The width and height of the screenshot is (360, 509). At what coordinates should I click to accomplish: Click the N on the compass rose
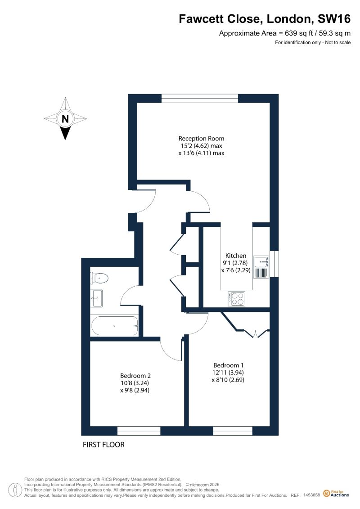65,118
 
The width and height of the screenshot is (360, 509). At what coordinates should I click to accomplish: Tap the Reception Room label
201,138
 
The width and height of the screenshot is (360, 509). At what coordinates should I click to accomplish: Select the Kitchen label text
236,256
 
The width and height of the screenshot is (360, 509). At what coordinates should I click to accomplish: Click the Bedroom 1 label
228,365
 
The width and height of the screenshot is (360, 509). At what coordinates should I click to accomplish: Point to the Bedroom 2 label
135,376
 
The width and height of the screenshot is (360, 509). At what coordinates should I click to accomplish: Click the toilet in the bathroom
99,278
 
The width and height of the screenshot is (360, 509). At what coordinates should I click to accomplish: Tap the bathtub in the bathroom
115,325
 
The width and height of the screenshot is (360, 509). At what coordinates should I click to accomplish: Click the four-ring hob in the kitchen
237,299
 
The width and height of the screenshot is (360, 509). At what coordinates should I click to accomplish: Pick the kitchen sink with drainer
261,267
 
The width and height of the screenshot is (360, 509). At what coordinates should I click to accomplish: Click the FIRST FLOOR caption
103,445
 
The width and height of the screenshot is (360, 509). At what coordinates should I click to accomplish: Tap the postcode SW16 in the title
334,19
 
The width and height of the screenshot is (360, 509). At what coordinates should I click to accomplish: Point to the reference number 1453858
311,495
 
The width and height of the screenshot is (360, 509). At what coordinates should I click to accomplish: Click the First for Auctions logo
336,493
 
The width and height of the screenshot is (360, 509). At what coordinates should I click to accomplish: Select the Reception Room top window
200,99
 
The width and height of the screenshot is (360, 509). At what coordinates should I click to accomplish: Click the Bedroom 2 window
139,431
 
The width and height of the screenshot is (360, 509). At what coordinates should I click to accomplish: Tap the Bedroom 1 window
233,431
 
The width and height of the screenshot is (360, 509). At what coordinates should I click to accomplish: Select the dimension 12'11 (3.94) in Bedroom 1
228,373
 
